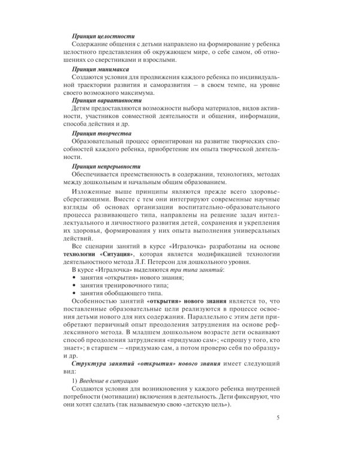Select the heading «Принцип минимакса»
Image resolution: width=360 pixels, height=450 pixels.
coord(101,70)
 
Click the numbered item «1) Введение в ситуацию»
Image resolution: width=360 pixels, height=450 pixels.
coord(105,380)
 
